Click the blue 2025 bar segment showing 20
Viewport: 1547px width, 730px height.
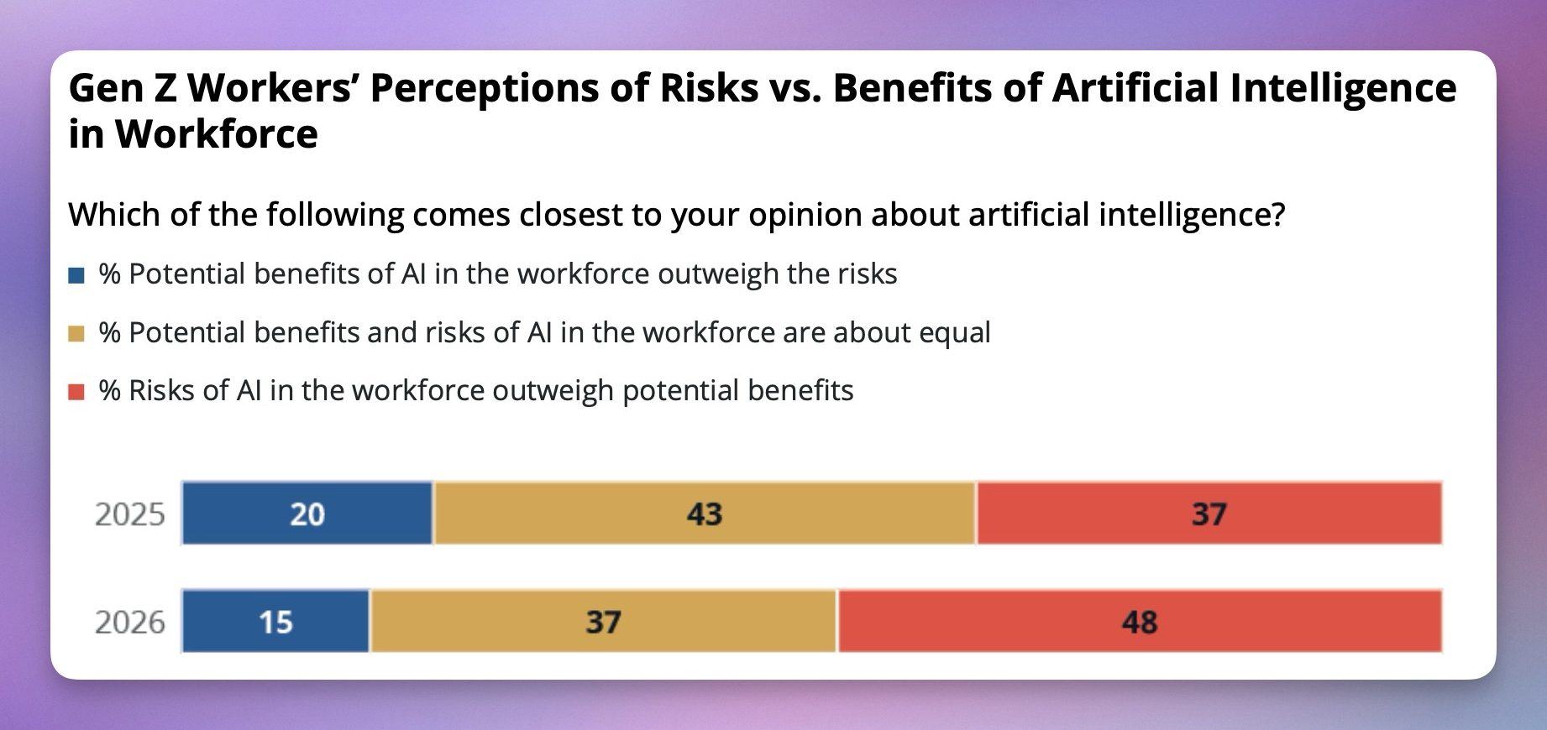pos(307,514)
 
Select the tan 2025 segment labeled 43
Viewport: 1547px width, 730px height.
pos(704,514)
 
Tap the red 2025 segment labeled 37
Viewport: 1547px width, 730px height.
pos(1209,514)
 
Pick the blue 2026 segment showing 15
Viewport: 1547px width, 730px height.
pos(275,622)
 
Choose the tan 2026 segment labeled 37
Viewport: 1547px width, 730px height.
pos(603,622)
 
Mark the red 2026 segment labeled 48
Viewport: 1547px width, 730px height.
pos(1139,622)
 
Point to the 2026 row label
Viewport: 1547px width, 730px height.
pos(129,623)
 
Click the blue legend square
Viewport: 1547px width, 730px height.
pos(76,275)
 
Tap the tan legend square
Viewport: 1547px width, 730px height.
pos(76,334)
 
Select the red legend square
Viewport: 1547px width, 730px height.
pos(76,392)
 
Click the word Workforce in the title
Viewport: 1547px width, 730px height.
pos(216,134)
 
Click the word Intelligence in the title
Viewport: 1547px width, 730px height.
pos(1343,88)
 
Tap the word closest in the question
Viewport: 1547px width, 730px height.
pos(570,215)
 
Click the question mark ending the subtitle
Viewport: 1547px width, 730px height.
pos(1277,215)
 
